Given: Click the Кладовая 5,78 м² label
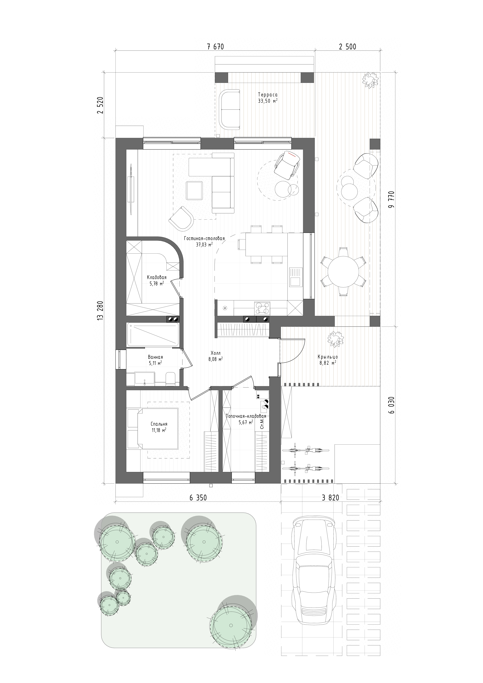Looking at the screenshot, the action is pos(157,280).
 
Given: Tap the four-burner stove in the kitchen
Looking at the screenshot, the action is pos(262,308).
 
